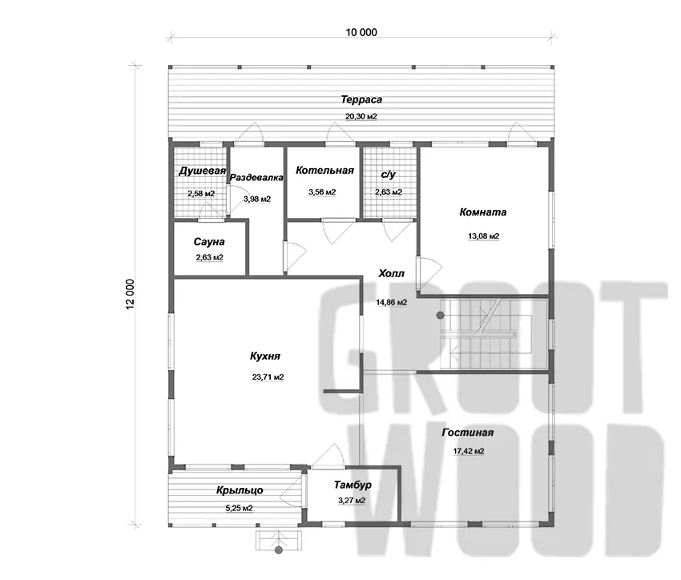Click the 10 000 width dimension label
[361, 32]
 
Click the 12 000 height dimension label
[131, 294]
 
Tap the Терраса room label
[361, 99]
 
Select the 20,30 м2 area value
[361, 116]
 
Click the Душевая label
[202, 171]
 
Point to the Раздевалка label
[256, 178]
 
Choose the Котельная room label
[324, 170]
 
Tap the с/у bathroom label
[389, 175]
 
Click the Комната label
[483, 212]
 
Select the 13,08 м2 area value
[483, 236]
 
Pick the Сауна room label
[209, 242]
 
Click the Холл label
[391, 273]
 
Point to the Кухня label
[265, 356]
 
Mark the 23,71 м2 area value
[268, 377]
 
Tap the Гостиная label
[468, 433]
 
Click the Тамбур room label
[353, 485]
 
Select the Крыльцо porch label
[240, 490]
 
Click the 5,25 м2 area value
[240, 508]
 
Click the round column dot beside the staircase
[441, 315]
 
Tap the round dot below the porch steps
[279, 550]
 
